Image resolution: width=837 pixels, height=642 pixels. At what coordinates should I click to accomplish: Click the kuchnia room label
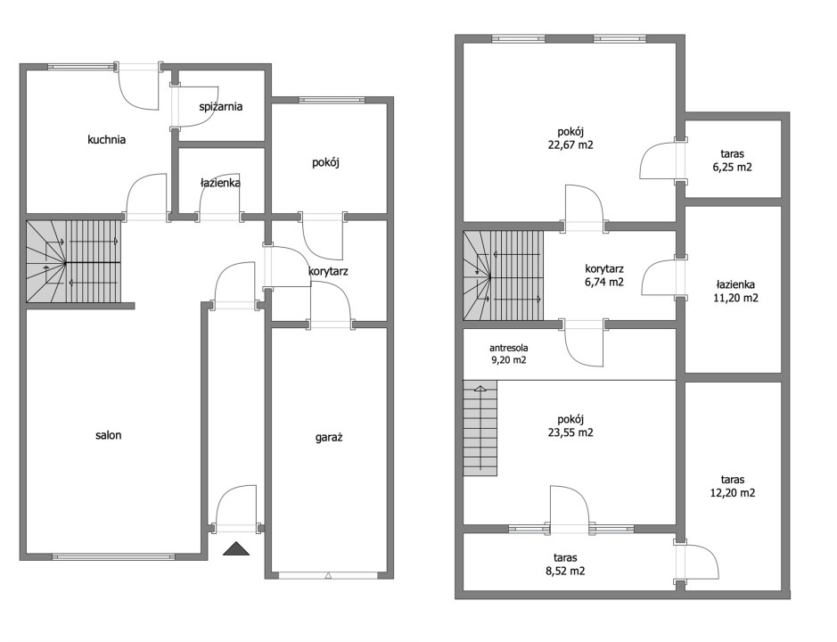click(x=107, y=140)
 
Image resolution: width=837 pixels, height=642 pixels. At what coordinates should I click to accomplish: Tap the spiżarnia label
click(x=220, y=107)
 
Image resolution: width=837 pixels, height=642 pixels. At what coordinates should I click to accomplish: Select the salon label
click(x=109, y=435)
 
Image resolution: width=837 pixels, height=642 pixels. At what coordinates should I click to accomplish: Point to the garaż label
click(x=329, y=438)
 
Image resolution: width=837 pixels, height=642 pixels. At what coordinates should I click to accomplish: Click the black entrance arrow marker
click(x=236, y=548)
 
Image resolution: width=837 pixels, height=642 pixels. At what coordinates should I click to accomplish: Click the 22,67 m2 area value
click(x=570, y=144)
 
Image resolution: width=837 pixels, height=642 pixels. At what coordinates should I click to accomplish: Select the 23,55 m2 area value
click(x=570, y=432)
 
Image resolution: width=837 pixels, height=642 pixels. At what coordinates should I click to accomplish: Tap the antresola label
click(x=509, y=348)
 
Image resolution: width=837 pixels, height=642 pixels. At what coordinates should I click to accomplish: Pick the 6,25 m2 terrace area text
click(x=733, y=167)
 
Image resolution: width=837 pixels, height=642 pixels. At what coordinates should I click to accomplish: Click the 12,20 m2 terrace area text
click(x=733, y=493)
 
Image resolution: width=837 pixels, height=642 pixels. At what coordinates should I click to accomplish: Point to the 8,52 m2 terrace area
click(x=565, y=571)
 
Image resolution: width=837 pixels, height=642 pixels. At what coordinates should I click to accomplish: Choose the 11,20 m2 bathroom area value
click(x=735, y=298)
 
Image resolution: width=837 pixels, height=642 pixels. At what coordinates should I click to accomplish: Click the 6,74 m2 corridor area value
click(x=604, y=282)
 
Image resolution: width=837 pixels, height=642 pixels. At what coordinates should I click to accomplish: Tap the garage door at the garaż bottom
click(x=328, y=575)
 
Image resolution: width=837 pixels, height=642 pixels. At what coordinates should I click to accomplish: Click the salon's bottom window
click(x=113, y=556)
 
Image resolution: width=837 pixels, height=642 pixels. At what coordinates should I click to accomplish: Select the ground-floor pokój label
click(x=325, y=163)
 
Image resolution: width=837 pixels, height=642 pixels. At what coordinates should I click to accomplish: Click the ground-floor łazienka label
click(x=220, y=183)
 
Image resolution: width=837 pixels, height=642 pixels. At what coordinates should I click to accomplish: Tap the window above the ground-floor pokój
click(x=332, y=100)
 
